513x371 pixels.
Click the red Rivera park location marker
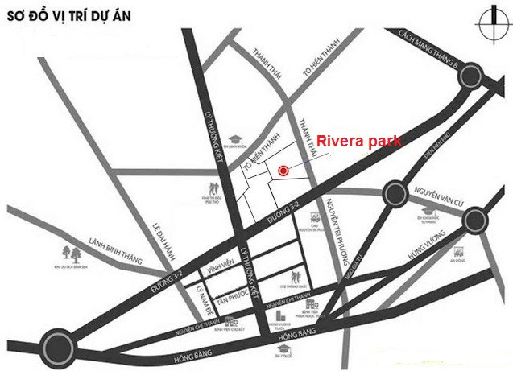coord(283,170)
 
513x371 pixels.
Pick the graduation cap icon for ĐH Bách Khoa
coord(234,140)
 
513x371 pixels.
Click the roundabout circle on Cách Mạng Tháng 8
coord(470,76)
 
